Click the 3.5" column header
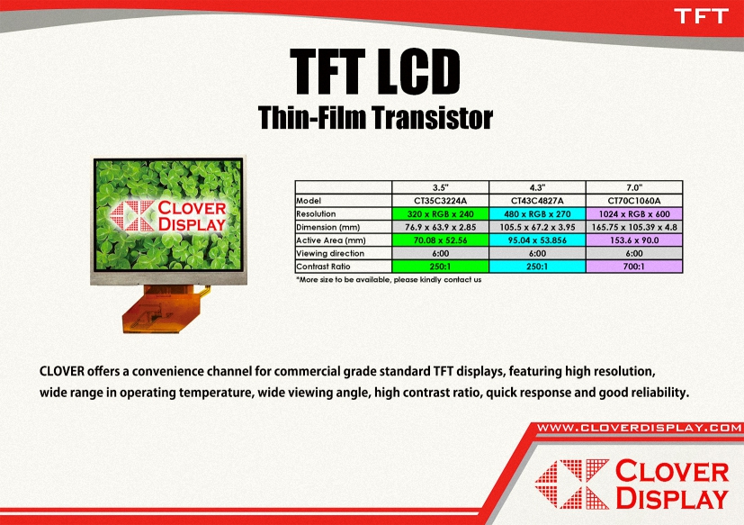click(x=440, y=187)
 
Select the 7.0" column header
click(x=634, y=187)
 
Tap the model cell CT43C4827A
click(x=537, y=201)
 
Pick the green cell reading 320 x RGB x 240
click(x=440, y=213)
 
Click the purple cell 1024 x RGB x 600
click(x=634, y=213)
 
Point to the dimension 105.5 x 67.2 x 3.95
click(x=537, y=227)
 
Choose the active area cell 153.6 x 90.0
click(x=634, y=240)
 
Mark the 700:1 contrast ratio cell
click(x=634, y=267)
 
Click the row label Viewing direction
click(x=330, y=253)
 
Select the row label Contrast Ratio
click(x=323, y=267)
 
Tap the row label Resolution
click(x=316, y=213)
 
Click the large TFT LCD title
click(x=375, y=72)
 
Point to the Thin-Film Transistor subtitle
click(x=375, y=117)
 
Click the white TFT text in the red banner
click(x=701, y=16)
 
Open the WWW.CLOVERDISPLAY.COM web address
click(x=639, y=428)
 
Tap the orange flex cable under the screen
click(x=164, y=309)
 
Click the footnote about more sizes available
click(x=389, y=280)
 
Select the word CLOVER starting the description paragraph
click(x=62, y=371)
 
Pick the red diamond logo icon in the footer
click(x=572, y=484)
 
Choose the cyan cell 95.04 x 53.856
click(x=537, y=240)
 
